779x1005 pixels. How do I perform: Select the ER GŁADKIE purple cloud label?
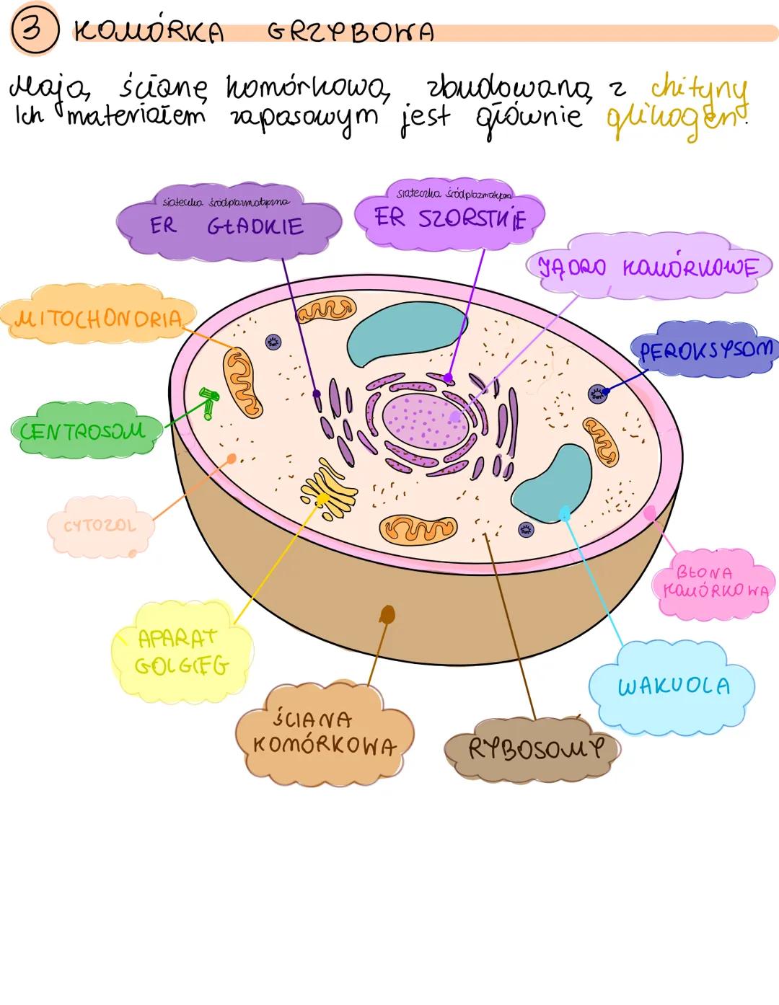pos(227,225)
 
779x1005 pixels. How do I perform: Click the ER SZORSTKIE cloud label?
pos(449,217)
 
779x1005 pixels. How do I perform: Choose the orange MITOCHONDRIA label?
pos(97,319)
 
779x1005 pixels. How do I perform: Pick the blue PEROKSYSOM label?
pos(705,350)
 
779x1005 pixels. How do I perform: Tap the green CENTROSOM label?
pos(82,431)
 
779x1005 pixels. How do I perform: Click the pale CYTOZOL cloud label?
pos(100,526)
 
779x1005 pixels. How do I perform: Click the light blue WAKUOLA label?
pos(673,686)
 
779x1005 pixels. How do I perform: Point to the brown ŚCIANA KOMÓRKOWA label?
pos(324,732)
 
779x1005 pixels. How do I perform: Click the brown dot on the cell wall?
pos(387,614)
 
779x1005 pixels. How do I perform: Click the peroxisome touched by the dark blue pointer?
pos(597,393)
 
